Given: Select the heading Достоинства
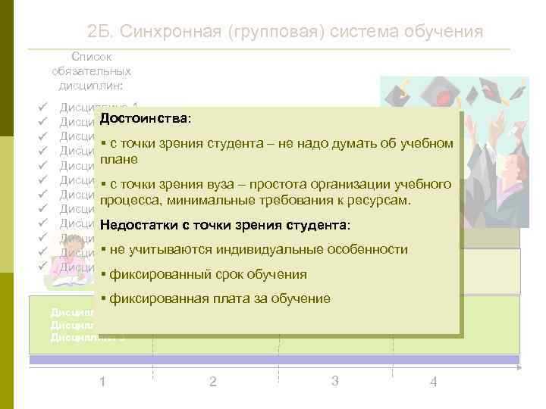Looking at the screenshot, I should pos(145,120).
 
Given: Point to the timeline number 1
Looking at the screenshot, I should pos(102,380).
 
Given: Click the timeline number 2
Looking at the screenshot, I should pos(212,381).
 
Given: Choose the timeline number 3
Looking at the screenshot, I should pos(334,379).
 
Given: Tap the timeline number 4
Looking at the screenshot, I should pos(433,382).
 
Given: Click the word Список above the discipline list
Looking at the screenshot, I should pos(91,57).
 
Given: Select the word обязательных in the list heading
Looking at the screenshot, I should pos(91,70).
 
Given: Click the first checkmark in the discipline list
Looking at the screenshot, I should pos(42,107).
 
